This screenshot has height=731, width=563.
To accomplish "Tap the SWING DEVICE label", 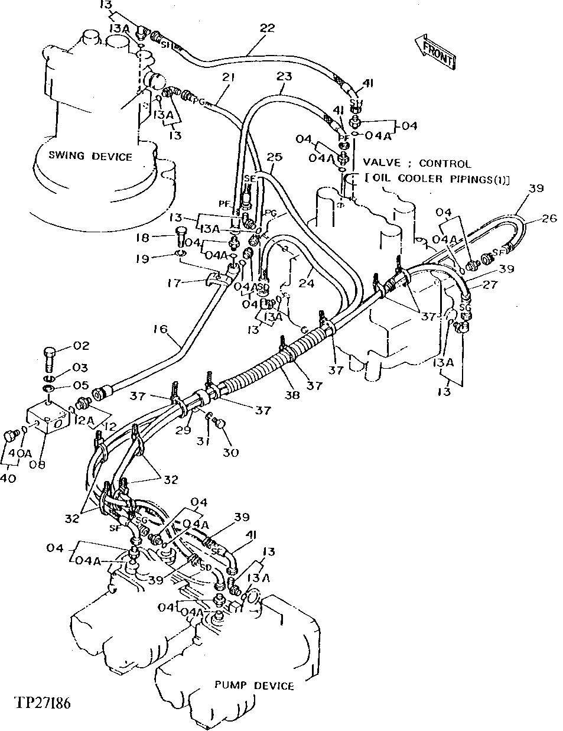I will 90,157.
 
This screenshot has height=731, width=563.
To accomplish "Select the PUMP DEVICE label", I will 253,685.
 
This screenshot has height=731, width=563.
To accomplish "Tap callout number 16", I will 161,329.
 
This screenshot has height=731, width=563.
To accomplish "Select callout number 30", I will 230,453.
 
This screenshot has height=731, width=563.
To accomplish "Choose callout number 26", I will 549,219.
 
